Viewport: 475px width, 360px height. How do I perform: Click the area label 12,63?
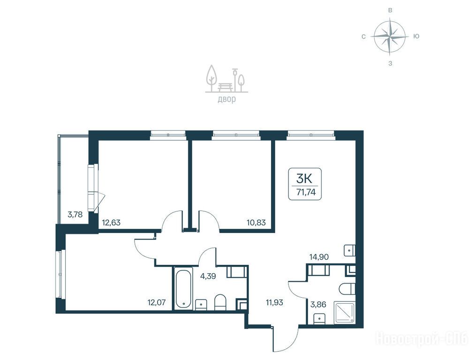pyautogui.click(x=111, y=223)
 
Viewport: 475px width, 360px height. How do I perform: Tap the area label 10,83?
pyautogui.click(x=256, y=223)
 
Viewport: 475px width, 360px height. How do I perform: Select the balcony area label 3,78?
pyautogui.click(x=75, y=215)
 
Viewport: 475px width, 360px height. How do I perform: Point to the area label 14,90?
pyautogui.click(x=319, y=257)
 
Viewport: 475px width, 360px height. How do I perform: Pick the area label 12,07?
pyautogui.click(x=157, y=302)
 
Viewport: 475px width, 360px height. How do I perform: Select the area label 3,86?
pyautogui.click(x=318, y=304)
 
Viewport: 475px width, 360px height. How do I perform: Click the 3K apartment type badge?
pyautogui.click(x=304, y=184)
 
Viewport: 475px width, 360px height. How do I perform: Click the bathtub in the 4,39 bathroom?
pyautogui.click(x=183, y=288)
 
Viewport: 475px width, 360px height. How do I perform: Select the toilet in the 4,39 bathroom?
pyautogui.click(x=220, y=302)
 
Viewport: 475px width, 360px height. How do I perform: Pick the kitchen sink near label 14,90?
pyautogui.click(x=350, y=250)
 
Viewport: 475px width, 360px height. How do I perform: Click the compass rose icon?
pyautogui.click(x=390, y=37)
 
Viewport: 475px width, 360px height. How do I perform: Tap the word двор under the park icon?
pyautogui.click(x=226, y=99)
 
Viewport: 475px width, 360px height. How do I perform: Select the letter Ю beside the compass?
pyautogui.click(x=416, y=37)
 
